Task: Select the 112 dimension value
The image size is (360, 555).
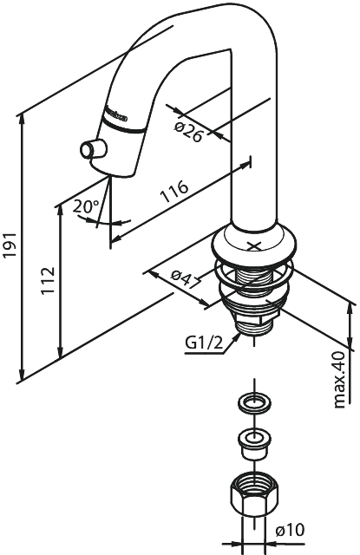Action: pyautogui.click(x=49, y=282)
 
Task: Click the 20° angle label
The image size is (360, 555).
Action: pyautogui.click(x=84, y=207)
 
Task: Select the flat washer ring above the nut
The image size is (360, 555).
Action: pyautogui.click(x=253, y=403)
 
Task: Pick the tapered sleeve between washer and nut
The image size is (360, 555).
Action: pyautogui.click(x=253, y=441)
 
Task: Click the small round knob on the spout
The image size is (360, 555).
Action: pyautogui.click(x=88, y=150)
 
